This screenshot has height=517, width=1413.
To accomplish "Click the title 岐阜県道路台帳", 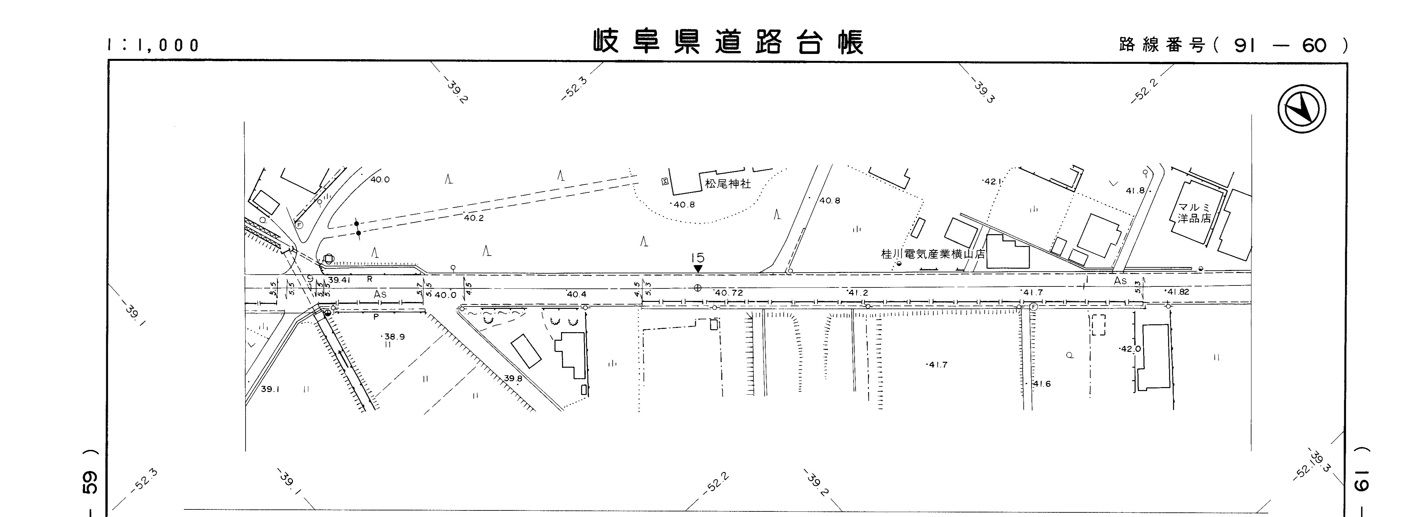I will pyautogui.click(x=728, y=42).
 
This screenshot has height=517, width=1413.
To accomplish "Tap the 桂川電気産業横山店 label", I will pyautogui.click(x=932, y=254).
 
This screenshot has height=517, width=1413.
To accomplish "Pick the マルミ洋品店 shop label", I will pyautogui.click(x=1194, y=213).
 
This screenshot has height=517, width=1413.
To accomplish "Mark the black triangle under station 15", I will pyautogui.click(x=698, y=268).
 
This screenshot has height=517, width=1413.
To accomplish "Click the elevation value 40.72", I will pyautogui.click(x=728, y=293).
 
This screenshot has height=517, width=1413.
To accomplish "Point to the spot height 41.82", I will pyautogui.click(x=1178, y=292).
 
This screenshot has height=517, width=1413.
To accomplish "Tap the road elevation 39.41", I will pyautogui.click(x=339, y=280).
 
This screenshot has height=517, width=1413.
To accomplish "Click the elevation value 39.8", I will pyautogui.click(x=513, y=378).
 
